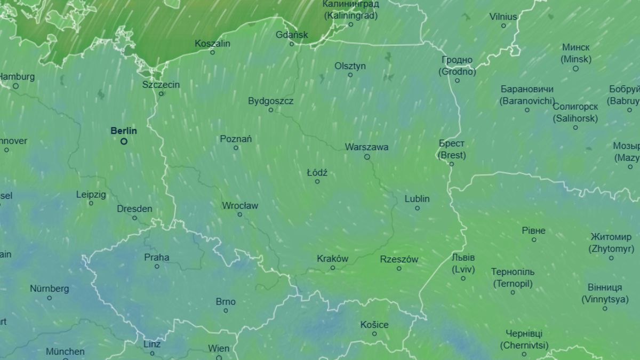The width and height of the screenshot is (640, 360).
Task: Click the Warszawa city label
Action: pyautogui.click(x=366, y=147)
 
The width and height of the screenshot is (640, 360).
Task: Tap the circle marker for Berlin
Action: pyautogui.click(x=124, y=141)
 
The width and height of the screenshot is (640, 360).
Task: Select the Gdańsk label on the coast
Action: pyautogui.click(x=292, y=35)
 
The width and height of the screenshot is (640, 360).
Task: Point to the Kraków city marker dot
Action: pyautogui.click(x=332, y=268)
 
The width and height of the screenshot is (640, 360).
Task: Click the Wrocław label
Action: pyautogui.click(x=239, y=205)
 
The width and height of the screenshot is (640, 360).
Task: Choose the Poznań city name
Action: pyautogui.click(x=236, y=139)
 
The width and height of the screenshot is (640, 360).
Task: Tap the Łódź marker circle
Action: pyautogui.click(x=317, y=181)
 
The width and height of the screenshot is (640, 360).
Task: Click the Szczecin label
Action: pyautogui.click(x=161, y=85)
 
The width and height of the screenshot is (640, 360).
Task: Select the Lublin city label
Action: pyautogui.click(x=417, y=199)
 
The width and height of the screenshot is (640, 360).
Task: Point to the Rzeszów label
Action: pyautogui.click(x=399, y=259)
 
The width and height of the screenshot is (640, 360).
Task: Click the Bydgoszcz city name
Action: pyautogui.click(x=270, y=101)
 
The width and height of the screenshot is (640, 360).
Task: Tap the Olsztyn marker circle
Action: pyautogui.click(x=350, y=75)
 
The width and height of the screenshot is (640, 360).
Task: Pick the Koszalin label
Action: pyautogui.click(x=212, y=43)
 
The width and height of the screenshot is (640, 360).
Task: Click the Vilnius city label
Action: pyautogui.click(x=503, y=17)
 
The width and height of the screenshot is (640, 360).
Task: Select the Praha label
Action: pyautogui.click(x=157, y=257)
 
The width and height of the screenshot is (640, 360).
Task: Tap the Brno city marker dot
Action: pyautogui.click(x=226, y=310)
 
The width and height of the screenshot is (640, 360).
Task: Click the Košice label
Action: pyautogui.click(x=374, y=325)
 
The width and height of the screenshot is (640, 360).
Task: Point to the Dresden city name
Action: pyautogui.click(x=134, y=209)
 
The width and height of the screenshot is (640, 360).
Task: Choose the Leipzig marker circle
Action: pyautogui.click(x=91, y=203)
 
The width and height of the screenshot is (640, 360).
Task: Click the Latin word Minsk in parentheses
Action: pyautogui.click(x=575, y=59)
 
